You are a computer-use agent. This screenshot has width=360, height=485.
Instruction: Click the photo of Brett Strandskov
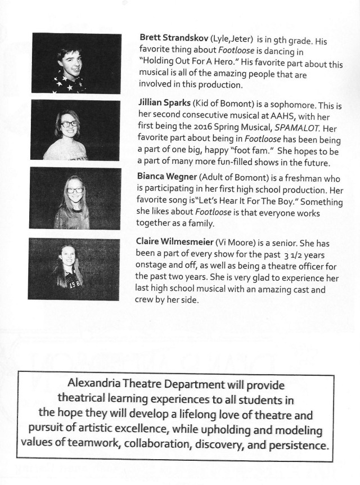[x=76, y=64]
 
